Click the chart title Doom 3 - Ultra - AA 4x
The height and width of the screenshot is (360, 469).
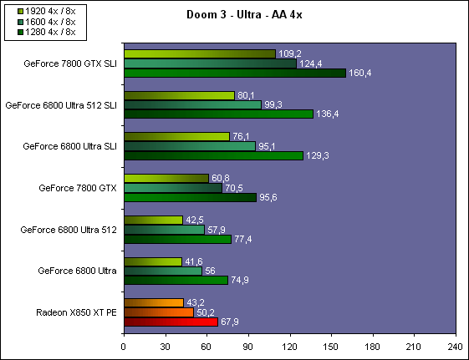click(244, 14)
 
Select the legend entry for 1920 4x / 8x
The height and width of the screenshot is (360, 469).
click(46, 12)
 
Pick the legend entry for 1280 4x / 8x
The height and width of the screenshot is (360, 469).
click(46, 32)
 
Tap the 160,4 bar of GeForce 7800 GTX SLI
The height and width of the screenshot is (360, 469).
click(235, 73)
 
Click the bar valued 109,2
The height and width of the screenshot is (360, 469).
click(200, 53)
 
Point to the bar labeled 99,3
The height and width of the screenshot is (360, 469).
click(193, 105)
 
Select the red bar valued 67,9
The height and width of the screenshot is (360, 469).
click(171, 322)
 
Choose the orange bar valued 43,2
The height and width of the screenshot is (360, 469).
click(154, 302)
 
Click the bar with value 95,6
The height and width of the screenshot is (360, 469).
click(191, 197)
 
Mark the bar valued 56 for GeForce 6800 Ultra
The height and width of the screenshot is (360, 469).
click(163, 271)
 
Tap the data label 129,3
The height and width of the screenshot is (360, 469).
click(318, 155)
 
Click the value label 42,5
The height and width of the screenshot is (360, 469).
click(195, 221)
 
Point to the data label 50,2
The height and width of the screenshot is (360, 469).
click(206, 312)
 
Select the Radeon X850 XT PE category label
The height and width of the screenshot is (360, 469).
click(76, 312)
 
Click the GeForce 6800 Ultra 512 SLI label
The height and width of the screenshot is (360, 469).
click(61, 105)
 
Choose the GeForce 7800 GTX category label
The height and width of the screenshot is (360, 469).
click(78, 188)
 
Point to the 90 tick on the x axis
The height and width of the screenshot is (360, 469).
click(248, 347)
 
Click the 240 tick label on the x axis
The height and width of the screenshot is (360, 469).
click(456, 347)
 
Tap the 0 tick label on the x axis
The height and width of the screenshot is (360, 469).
click(123, 347)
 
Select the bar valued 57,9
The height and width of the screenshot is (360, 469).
click(165, 230)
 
